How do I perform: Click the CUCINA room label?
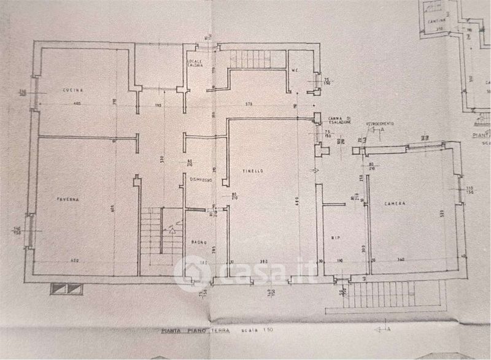tap(72, 91)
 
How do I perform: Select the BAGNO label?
tap(198, 241)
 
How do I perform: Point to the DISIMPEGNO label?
tap(201, 180)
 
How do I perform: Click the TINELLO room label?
tap(252, 171)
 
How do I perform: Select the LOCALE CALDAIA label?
tap(196, 64)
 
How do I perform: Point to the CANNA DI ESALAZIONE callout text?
tap(339, 120)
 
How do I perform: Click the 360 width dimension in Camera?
tap(401, 259)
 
